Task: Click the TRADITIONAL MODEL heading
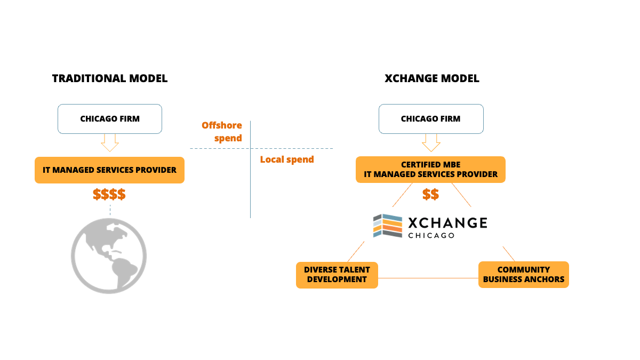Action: click(x=110, y=78)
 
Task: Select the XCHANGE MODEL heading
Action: click(x=431, y=78)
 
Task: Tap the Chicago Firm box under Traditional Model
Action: click(x=110, y=118)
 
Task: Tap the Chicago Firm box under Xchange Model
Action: click(x=431, y=118)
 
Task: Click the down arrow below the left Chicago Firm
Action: click(x=110, y=142)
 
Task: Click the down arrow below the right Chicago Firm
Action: click(x=431, y=142)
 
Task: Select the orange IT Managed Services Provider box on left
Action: click(x=109, y=170)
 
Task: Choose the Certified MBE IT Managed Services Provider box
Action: click(x=430, y=170)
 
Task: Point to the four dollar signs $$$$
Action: click(x=109, y=194)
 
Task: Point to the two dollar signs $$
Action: click(x=430, y=194)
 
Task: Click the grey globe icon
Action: click(x=109, y=255)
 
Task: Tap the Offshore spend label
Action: click(x=222, y=132)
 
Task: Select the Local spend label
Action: click(x=287, y=159)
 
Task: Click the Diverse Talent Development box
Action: click(x=337, y=275)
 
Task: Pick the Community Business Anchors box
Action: click(x=523, y=275)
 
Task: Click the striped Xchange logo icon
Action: click(x=388, y=226)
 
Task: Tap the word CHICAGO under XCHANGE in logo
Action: click(x=431, y=235)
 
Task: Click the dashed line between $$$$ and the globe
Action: click(x=110, y=210)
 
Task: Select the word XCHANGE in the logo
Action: click(x=447, y=222)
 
